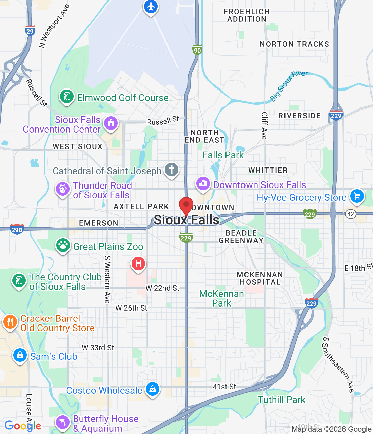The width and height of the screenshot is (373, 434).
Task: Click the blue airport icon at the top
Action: click(151, 7)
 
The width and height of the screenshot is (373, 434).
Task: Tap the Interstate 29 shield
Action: click(30, 31)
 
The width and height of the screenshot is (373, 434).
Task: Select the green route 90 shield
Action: click(197, 50)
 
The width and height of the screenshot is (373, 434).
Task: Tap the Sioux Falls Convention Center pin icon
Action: click(111, 123)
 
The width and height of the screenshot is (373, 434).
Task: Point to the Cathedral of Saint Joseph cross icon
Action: click(172, 170)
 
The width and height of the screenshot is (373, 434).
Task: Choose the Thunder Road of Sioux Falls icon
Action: click(63, 189)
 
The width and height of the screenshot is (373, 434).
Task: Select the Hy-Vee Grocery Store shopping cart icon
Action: click(357, 196)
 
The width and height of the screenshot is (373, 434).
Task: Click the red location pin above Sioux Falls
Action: click(186, 205)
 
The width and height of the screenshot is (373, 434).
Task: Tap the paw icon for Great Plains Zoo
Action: click(63, 245)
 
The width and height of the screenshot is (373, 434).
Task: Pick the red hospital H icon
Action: click(138, 263)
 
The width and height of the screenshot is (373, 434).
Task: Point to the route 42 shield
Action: click(351, 214)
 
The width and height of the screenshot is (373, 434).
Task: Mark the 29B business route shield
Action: click(17, 229)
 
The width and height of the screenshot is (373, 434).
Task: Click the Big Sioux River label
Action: click(289, 86)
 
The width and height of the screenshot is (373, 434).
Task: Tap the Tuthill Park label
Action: click(281, 400)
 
